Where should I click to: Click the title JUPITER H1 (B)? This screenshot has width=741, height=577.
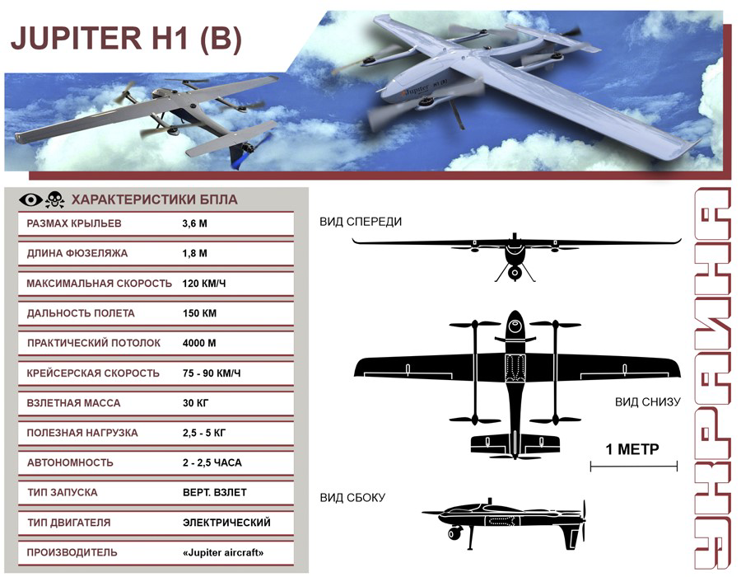pos(126,38)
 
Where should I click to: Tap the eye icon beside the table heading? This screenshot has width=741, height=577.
pos(30,199)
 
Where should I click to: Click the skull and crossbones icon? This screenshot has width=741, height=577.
pos(55,199)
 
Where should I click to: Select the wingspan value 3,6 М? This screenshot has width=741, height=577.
pos(194,223)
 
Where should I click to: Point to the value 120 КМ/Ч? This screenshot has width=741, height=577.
pos(204,284)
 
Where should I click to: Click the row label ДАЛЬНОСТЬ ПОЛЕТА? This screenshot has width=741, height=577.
pos(81,313)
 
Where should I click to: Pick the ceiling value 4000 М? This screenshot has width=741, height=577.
pos(199,343)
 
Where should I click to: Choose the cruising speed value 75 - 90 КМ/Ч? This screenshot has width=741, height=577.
pos(212,373)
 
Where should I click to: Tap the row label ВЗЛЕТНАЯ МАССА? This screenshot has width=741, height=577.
pos(74,403)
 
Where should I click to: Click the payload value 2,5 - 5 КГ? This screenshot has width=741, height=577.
pos(204,433)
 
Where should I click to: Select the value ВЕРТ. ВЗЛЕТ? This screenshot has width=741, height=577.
pos(215,492)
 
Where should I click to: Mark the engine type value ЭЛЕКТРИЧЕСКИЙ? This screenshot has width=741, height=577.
pos(227,523)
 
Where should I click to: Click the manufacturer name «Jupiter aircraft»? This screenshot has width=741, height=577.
pos(223,552)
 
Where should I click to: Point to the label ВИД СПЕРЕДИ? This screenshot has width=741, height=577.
pos(361,222)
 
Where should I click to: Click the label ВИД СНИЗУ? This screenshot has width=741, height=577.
pos(647,402)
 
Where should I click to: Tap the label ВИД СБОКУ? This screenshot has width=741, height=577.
pos(352,498)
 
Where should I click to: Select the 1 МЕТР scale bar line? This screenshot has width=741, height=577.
pos(634,467)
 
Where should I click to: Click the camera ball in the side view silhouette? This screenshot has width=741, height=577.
pos(454,534)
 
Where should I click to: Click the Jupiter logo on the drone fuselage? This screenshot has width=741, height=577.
pos(417,90)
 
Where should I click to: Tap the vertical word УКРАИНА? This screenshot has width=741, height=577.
pos(713,378)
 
